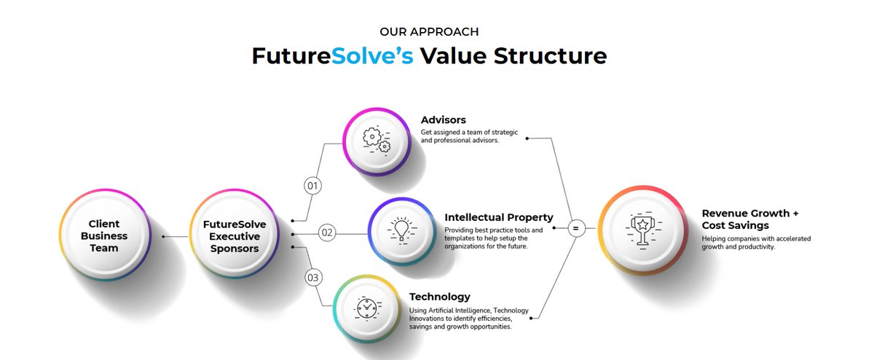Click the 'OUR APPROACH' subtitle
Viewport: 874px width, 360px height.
click(429, 31)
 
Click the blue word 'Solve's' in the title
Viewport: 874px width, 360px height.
click(372, 57)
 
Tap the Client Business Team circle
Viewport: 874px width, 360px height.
click(103, 235)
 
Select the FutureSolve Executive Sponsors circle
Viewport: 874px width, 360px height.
click(234, 235)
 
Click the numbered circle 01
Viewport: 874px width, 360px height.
click(313, 187)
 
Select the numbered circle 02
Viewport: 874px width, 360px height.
click(327, 233)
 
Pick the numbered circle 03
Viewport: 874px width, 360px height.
click(313, 278)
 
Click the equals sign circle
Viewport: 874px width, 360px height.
click(575, 229)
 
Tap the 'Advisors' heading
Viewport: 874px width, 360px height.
click(444, 120)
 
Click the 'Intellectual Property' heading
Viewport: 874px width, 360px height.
click(499, 217)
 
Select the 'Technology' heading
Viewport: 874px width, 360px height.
click(440, 297)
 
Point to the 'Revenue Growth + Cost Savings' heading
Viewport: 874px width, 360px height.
click(749, 219)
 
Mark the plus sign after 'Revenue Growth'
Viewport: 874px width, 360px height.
click(795, 214)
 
